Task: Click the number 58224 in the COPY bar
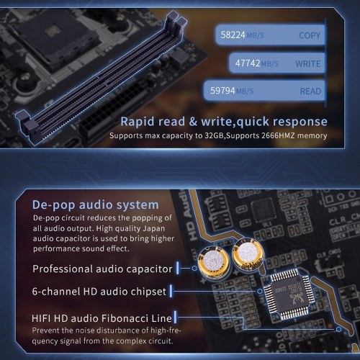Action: click(233, 35)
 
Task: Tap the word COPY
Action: click(310, 35)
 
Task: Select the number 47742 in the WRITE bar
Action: click(248, 63)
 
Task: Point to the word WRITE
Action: click(308, 64)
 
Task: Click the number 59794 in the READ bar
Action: click(222, 91)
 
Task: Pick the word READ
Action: click(310, 91)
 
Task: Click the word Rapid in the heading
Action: click(138, 121)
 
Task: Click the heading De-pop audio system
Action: click(96, 205)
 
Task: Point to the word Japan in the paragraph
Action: click(153, 228)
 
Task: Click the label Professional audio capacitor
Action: click(102, 269)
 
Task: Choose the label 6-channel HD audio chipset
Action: click(99, 292)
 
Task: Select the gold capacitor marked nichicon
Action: click(248, 254)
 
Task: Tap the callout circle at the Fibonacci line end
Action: click(338, 329)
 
